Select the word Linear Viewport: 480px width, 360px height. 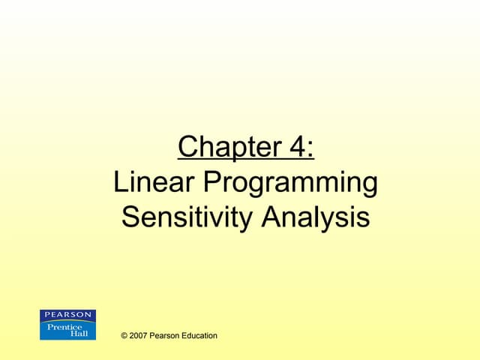154,182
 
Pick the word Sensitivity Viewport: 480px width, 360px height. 187,218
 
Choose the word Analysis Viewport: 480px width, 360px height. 316,218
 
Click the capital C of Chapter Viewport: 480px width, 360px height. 189,147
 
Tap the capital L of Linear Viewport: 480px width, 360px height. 120,182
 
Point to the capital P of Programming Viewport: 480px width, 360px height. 211,182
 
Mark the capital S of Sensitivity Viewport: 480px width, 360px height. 130,217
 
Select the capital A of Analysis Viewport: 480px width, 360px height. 273,217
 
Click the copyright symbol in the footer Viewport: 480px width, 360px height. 124,335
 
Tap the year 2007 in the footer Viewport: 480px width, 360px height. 139,335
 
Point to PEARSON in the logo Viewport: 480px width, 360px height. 67,314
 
